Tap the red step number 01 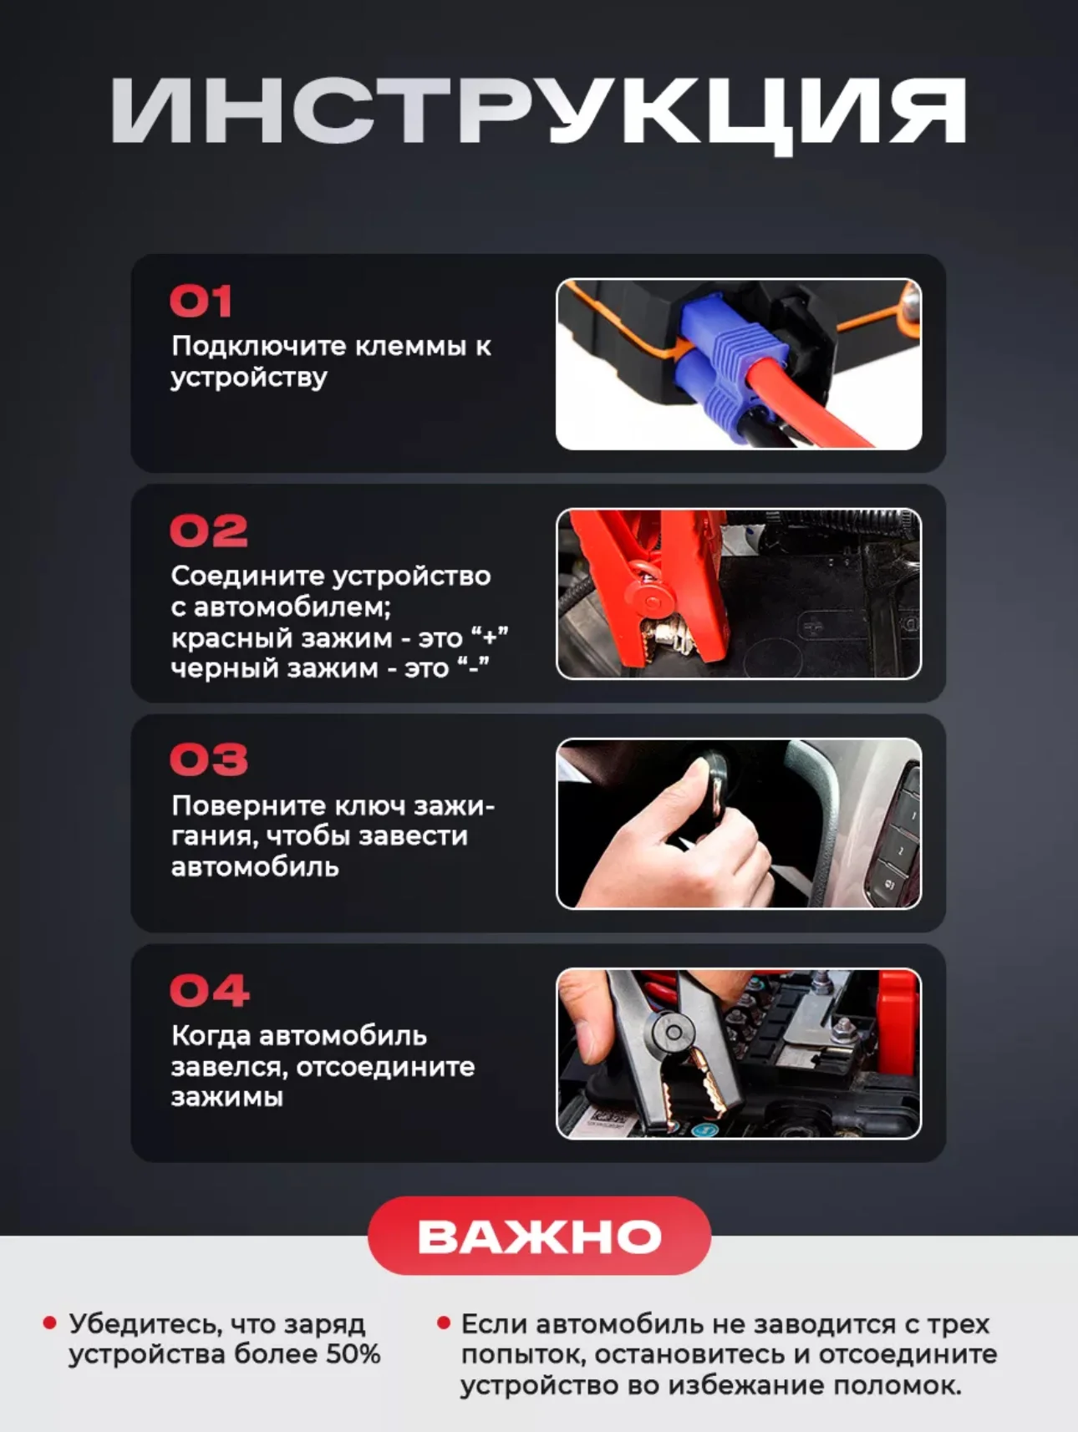[201, 302]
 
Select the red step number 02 [209, 531]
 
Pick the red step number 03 [209, 759]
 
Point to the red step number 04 [210, 991]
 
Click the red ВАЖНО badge [539, 1236]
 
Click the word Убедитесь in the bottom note [145, 1325]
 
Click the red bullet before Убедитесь [49, 1323]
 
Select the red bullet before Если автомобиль [443, 1323]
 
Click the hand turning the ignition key [669, 844]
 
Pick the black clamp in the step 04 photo [669, 1044]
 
